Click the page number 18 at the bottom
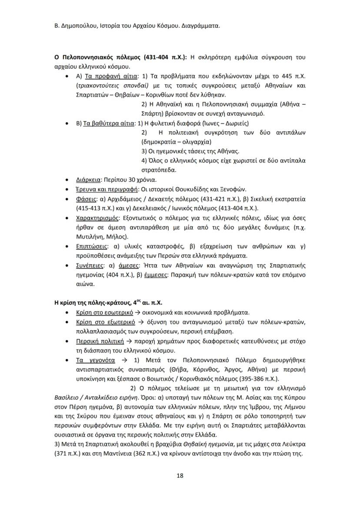(180, 475)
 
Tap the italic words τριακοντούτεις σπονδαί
(111, 86)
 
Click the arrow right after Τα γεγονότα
(124, 360)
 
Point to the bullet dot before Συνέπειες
(65, 265)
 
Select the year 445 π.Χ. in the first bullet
(293, 76)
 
